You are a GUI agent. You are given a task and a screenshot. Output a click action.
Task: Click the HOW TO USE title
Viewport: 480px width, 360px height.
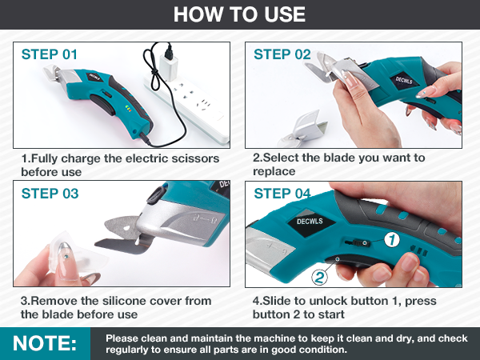coord(239,14)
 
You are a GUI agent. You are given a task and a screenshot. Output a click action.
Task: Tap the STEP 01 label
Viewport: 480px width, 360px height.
coord(50,54)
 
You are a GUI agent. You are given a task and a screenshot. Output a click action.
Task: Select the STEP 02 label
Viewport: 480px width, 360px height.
coord(282,54)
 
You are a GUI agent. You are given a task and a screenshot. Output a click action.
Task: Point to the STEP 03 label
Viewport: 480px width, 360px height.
coord(50,193)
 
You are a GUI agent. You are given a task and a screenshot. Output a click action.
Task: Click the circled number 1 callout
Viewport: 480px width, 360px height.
coord(391,238)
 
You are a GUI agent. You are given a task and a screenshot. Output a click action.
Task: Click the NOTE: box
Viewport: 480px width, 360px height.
coord(46,343)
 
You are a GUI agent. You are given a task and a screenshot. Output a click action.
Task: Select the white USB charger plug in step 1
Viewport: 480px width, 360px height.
coord(168,59)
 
